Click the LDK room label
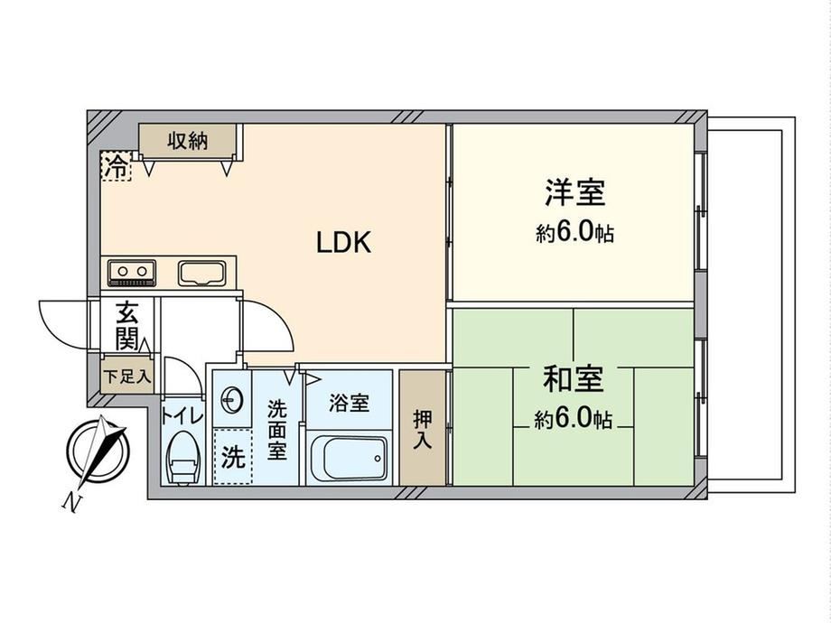[x=343, y=243]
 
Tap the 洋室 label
[x=575, y=192]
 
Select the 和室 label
[x=573, y=378]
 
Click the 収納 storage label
[x=188, y=141]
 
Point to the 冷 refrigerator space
[x=116, y=166]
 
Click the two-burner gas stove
[x=132, y=273]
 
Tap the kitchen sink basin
[x=202, y=274]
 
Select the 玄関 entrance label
[x=127, y=325]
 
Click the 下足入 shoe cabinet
[x=127, y=377]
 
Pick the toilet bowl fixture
[x=182, y=457]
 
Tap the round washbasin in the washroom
[x=232, y=399]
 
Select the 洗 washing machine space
[x=233, y=456]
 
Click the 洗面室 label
[x=276, y=430]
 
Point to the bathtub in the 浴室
[x=348, y=458]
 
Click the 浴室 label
[x=349, y=404]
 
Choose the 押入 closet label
[x=423, y=429]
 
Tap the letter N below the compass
[x=71, y=502]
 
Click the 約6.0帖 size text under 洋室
[x=575, y=233]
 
